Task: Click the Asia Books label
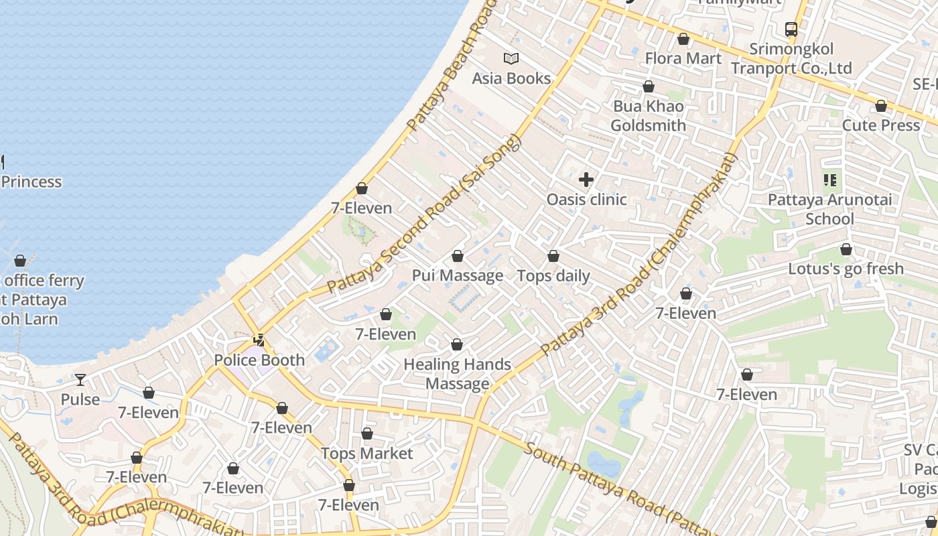pos(511,78)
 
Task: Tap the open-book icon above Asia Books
pos(511,59)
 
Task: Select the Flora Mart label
pos(683,58)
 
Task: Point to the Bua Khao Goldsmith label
pos(648,116)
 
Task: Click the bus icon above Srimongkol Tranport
pos(791,29)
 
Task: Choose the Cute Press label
pos(880,125)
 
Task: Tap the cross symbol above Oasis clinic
pos(586,180)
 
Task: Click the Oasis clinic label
pos(586,199)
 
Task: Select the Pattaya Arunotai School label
pos(829,209)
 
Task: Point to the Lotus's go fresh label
pos(846,269)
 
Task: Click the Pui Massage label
pos(457,275)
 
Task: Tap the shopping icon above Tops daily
pos(553,256)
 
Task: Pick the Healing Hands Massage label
pos(457,374)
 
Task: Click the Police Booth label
pos(259,360)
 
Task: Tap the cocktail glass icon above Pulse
pos(80,380)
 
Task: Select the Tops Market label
pos(366,454)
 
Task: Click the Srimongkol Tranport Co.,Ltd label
pos(791,59)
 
